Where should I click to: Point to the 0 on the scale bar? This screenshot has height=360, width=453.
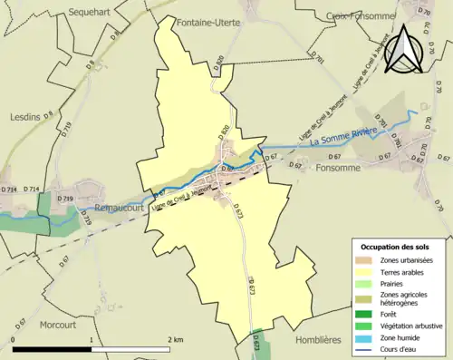pos(14,340)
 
